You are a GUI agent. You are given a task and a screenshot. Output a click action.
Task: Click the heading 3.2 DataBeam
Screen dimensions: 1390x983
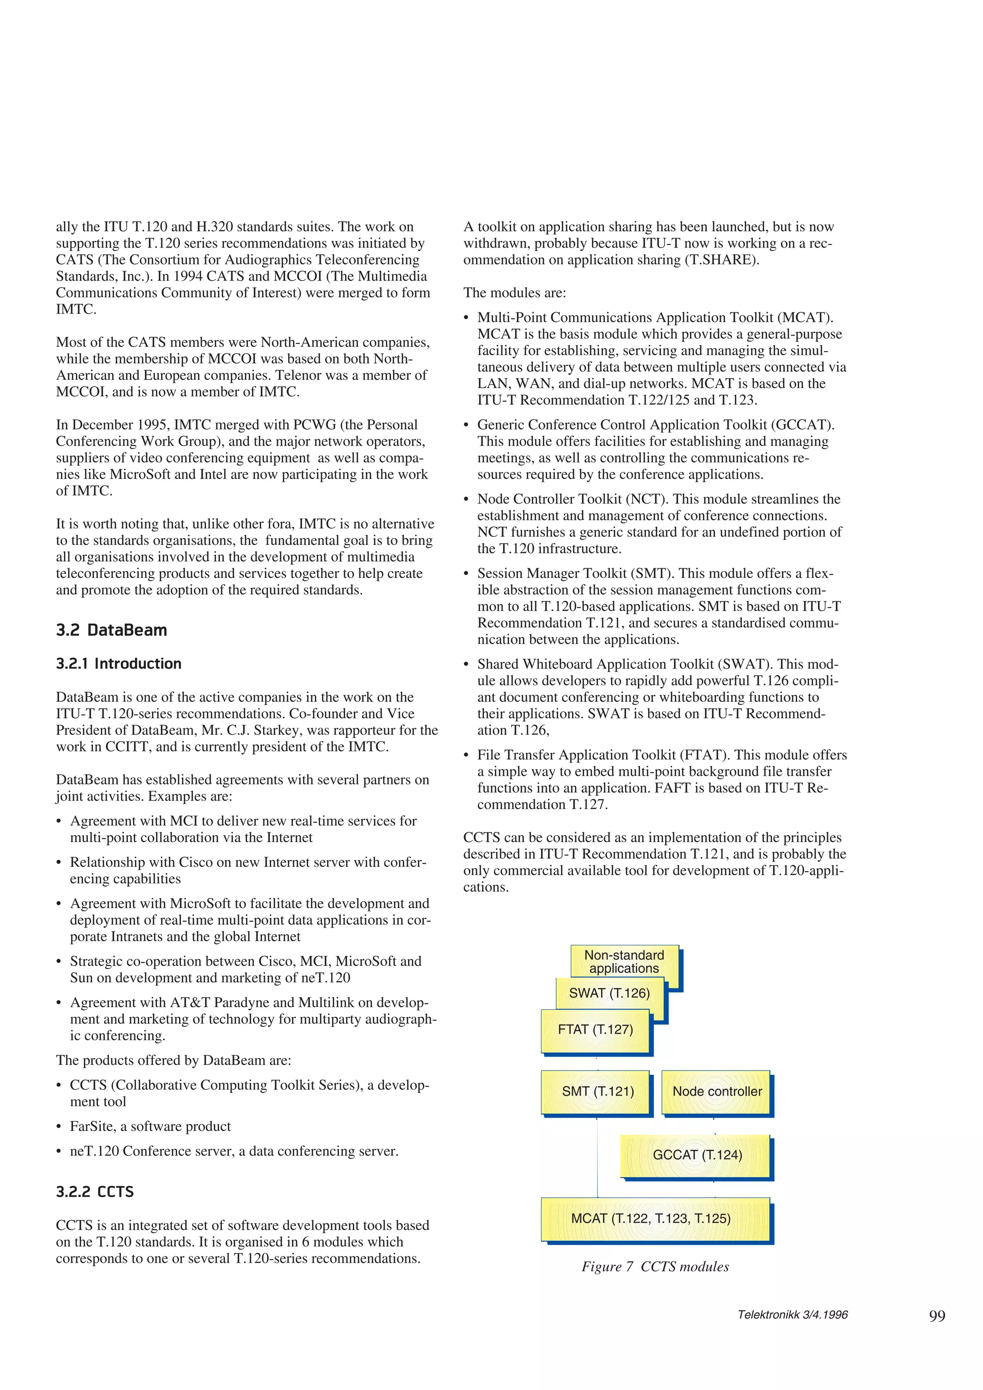[x=111, y=630]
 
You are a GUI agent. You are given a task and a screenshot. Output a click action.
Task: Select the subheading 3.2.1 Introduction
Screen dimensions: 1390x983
[x=119, y=663]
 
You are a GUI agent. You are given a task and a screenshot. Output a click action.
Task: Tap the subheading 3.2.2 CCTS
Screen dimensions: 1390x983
[x=95, y=1191]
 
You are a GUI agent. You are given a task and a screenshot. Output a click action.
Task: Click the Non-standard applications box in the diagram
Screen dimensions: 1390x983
[x=624, y=961]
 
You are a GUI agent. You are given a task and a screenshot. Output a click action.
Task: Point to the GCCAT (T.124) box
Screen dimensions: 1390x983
[x=696, y=1154]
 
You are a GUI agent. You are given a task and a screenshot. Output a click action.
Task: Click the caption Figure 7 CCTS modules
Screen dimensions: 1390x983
[x=655, y=1267]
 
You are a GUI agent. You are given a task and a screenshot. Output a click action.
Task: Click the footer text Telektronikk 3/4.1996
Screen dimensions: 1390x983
[x=792, y=1314]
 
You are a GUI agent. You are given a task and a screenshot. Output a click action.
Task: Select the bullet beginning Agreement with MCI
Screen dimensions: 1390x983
[x=242, y=829]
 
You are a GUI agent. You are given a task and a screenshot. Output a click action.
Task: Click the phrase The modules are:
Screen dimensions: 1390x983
[x=514, y=293]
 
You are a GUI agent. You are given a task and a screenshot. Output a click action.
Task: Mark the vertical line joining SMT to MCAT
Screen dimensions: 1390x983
[x=597, y=1156]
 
